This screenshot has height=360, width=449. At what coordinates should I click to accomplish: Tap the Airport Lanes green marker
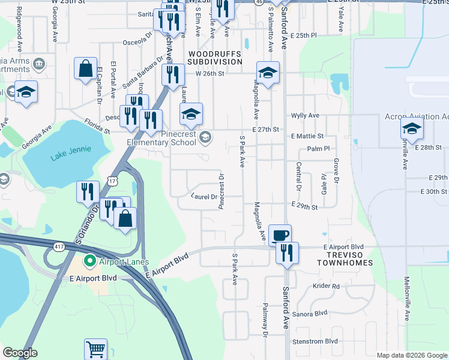pyautogui.click(x=90, y=261)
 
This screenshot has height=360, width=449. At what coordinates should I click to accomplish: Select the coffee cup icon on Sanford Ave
pyautogui.click(x=280, y=234)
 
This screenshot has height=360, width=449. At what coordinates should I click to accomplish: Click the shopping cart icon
pyautogui.click(x=95, y=349)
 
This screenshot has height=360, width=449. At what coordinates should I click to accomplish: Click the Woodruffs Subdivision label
pyautogui.click(x=215, y=57)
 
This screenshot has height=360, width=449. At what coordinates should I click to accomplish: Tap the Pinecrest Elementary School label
pyautogui.click(x=161, y=139)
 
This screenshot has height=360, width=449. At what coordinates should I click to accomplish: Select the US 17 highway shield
pyautogui.click(x=113, y=180)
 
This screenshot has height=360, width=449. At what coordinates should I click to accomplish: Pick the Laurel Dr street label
pyautogui.click(x=204, y=196)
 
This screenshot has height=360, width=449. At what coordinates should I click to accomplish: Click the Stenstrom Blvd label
pyautogui.click(x=315, y=341)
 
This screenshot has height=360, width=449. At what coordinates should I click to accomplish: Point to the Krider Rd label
pyautogui.click(x=326, y=286)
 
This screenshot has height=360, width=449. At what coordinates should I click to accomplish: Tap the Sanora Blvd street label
pyautogui.click(x=310, y=314)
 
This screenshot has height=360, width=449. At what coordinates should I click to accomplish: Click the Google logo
pyautogui.click(x=20, y=353)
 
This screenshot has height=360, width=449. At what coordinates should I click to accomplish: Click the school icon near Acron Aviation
pyautogui.click(x=412, y=128)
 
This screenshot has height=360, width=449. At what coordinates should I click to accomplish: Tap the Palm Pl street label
pyautogui.click(x=318, y=148)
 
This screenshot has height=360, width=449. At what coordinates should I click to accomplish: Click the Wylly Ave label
pyautogui.click(x=305, y=115)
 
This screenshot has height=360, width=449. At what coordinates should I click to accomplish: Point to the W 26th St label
pyautogui.click(x=209, y=74)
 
